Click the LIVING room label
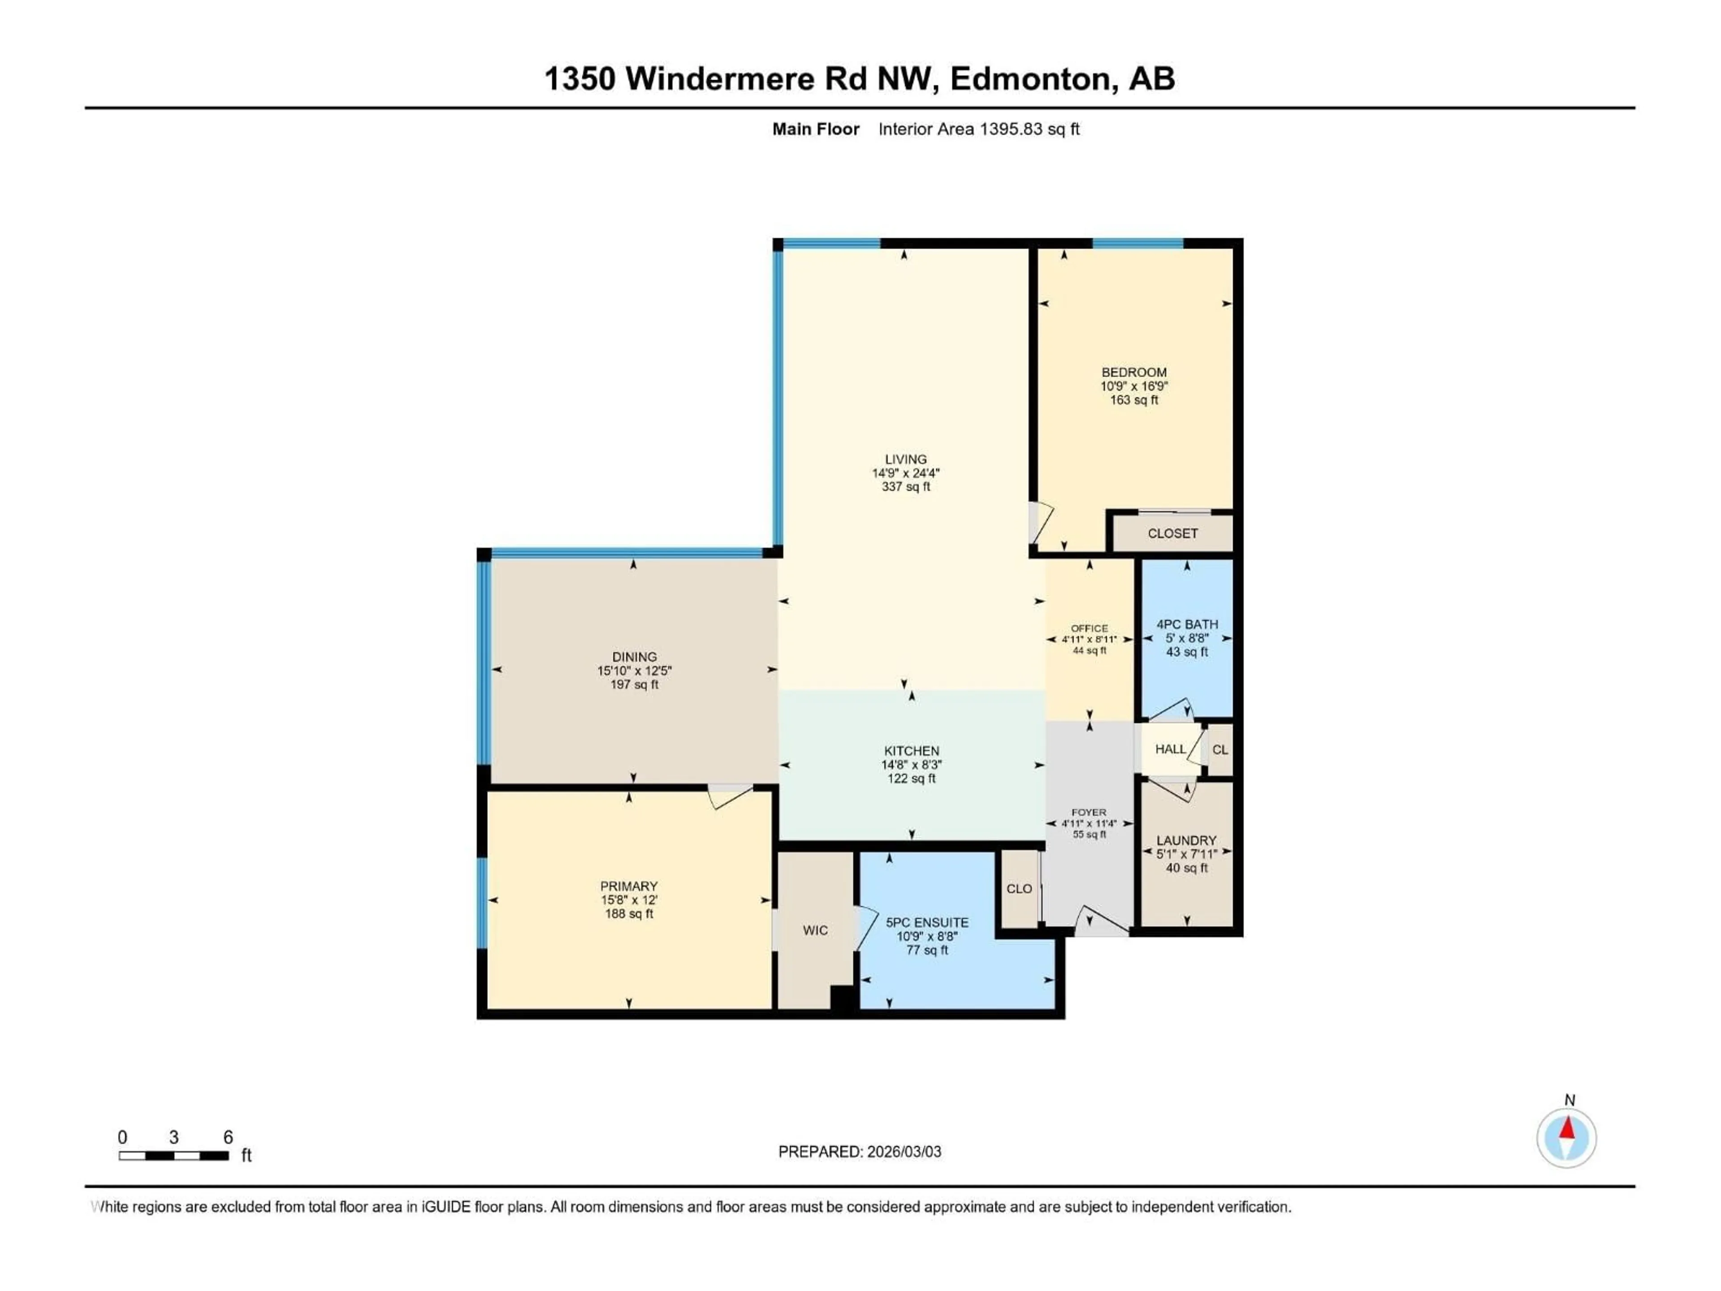906,459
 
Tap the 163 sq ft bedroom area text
1133,400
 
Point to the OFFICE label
1089,628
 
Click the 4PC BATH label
1186,624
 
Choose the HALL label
1170,749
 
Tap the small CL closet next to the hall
1220,750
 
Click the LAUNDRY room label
1186,840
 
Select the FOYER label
1089,812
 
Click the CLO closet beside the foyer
1019,888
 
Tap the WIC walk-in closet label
815,931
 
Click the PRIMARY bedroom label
629,886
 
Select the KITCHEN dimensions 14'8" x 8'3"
911,765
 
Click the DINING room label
634,657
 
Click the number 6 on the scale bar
228,1137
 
